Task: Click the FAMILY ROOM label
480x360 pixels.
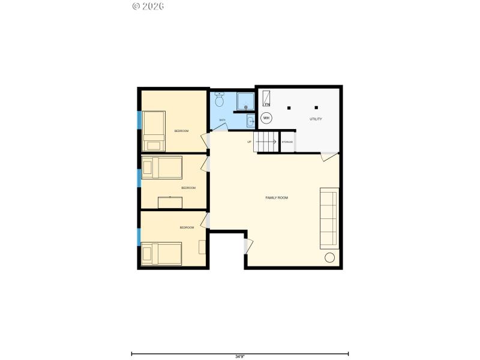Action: point(277,197)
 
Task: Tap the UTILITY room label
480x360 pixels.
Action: point(316,119)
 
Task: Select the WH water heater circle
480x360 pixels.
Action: point(266,118)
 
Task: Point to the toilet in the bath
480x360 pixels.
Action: point(219,100)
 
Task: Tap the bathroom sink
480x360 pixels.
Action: point(251,121)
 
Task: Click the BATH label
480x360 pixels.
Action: point(222,120)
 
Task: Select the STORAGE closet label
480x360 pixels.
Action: point(287,142)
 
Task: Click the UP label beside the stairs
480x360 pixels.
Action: point(249,142)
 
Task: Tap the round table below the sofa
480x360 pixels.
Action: point(330,258)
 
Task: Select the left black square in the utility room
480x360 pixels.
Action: point(289,108)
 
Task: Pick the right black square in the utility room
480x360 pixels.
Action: point(316,108)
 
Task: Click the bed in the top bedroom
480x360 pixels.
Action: point(154,131)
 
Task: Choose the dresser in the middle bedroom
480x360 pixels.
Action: point(170,202)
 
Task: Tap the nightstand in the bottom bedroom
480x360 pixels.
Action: point(203,247)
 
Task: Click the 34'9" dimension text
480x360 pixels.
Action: point(239,356)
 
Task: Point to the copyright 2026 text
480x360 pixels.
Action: point(148,6)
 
